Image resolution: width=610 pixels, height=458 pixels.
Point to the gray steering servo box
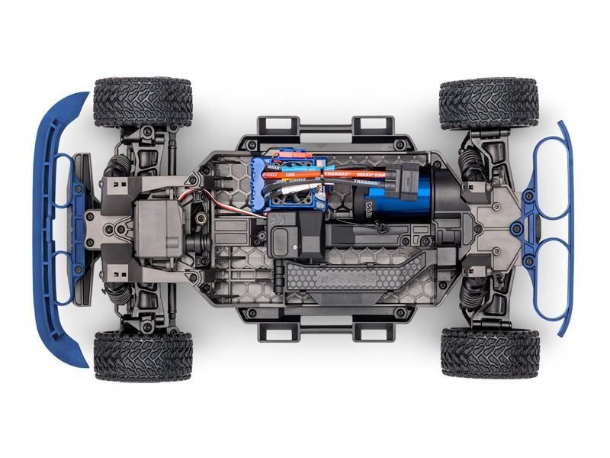pyautogui.click(x=157, y=228)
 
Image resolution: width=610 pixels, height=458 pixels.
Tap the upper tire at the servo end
pyautogui.click(x=143, y=102)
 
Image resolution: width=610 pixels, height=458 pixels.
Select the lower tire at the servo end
pyautogui.click(x=143, y=356)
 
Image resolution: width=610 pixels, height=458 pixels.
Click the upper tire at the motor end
pyautogui.click(x=489, y=102)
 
